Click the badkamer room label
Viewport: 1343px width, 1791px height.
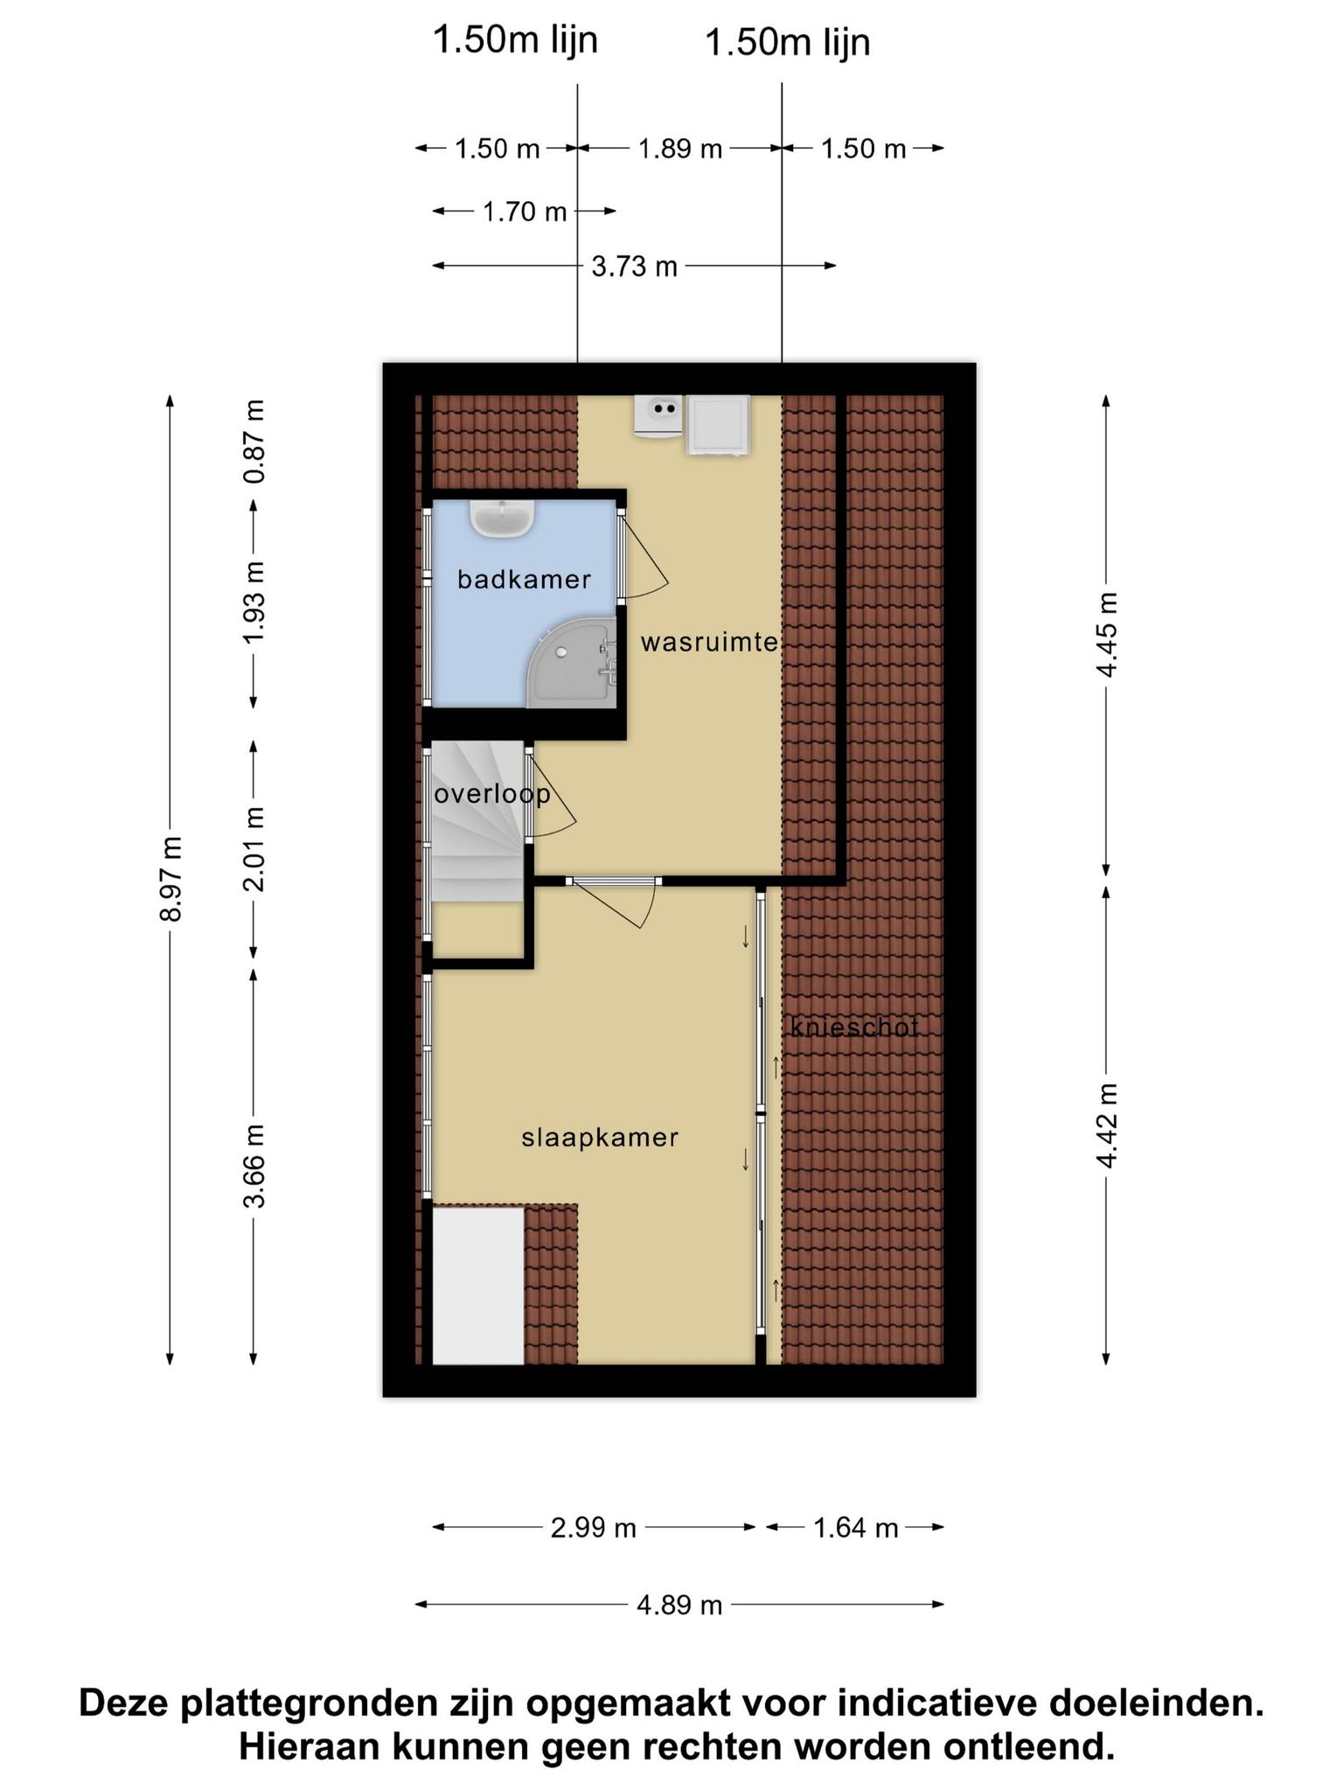524,579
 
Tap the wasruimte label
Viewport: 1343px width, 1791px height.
709,643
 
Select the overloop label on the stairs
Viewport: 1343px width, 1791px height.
492,794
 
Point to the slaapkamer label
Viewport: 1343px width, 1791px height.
600,1137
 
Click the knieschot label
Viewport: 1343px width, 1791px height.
854,1027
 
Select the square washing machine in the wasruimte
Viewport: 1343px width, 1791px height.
719,425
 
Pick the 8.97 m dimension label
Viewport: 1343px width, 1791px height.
170,879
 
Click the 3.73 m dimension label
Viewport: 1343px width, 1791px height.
635,266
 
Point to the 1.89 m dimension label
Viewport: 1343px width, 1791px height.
680,149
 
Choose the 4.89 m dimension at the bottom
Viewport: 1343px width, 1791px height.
679,1605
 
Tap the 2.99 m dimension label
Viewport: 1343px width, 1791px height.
594,1528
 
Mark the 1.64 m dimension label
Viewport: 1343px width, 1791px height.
856,1528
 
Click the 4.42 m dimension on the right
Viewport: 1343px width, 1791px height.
1107,1125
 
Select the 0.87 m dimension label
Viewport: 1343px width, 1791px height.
254,442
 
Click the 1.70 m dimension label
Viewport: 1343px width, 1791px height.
525,212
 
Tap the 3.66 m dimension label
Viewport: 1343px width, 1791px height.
254,1166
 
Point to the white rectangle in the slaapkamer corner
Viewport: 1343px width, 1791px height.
478,1285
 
